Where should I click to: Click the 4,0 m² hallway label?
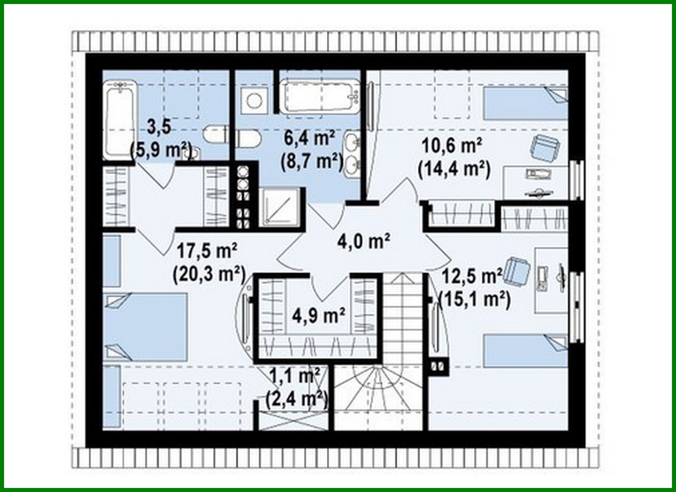(364, 242)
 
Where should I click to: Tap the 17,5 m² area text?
(206, 251)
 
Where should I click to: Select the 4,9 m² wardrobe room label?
(318, 315)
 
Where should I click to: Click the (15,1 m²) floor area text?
(475, 299)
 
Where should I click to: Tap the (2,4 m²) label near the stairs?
(296, 398)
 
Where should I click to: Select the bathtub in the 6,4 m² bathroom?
(320, 96)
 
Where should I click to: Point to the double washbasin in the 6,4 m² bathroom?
(353, 152)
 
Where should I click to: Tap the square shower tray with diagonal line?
(279, 207)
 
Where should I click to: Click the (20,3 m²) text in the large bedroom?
(209, 274)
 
